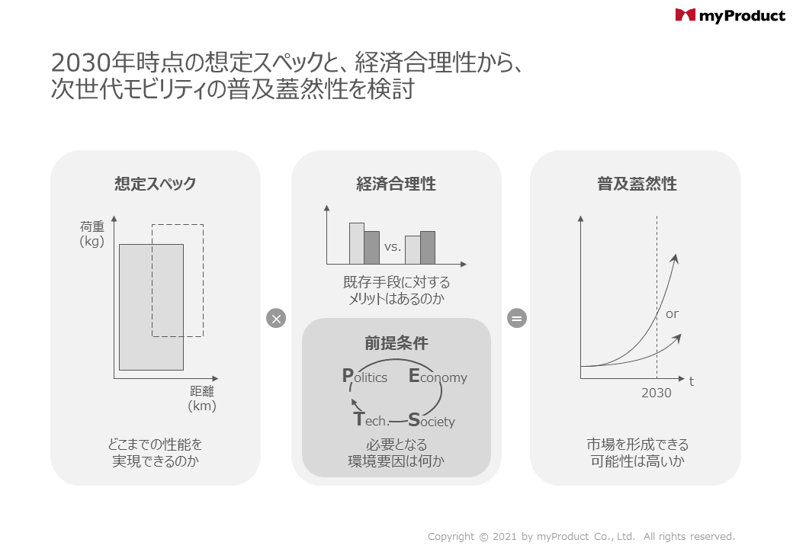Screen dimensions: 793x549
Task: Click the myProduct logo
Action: click(730, 16)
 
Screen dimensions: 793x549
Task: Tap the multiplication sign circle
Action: click(276, 319)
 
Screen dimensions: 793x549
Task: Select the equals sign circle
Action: click(517, 319)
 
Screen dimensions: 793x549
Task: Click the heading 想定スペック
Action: click(156, 184)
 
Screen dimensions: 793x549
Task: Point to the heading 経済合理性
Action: click(396, 184)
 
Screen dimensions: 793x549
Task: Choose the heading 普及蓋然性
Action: click(637, 184)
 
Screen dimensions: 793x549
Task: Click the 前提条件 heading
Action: click(396, 343)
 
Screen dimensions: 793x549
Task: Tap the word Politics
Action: click(364, 376)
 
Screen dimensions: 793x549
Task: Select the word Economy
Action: click(438, 376)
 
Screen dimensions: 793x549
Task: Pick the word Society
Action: click(432, 420)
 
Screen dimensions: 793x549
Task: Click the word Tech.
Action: click(371, 419)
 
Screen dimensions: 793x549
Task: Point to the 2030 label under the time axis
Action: click(657, 393)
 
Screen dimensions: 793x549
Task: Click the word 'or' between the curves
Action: click(672, 314)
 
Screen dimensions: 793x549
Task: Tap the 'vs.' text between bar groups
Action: click(393, 247)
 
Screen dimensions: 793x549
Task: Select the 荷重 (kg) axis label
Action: click(92, 234)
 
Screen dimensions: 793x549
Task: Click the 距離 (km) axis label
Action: click(202, 398)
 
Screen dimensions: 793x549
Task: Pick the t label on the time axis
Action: click(692, 382)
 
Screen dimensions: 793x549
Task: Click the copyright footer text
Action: click(581, 536)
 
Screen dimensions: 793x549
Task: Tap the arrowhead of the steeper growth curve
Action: click(674, 258)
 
